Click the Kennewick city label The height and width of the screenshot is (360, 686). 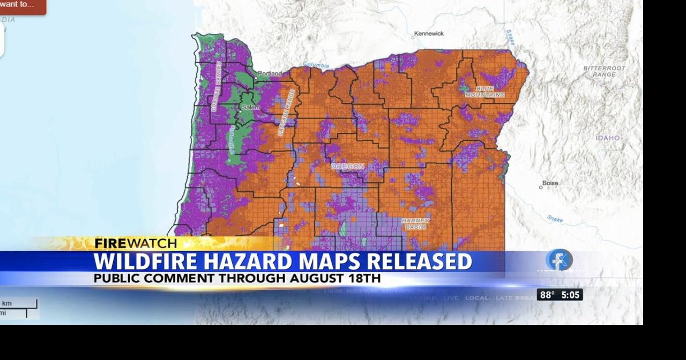pos(430,34)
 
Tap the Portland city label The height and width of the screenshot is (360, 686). pos(270,74)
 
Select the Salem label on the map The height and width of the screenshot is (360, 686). pos(251,107)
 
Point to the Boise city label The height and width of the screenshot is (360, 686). pos(550,183)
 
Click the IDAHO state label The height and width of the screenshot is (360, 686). pos(608,138)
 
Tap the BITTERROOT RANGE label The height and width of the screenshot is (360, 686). pos(604,71)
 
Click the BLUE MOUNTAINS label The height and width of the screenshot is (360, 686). pos(484,92)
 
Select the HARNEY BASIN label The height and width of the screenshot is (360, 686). pos(415,223)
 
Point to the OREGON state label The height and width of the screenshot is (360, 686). pos(347,167)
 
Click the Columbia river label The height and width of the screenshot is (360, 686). pos(316,65)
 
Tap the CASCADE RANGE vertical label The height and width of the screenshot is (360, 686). pos(286,112)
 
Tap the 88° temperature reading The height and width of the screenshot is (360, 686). pos(547,295)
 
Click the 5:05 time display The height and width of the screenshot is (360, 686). pos(570,295)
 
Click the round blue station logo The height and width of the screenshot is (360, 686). pos(560,260)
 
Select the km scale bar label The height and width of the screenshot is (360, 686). pos(7,304)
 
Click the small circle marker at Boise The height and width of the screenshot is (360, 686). pos(541,187)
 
